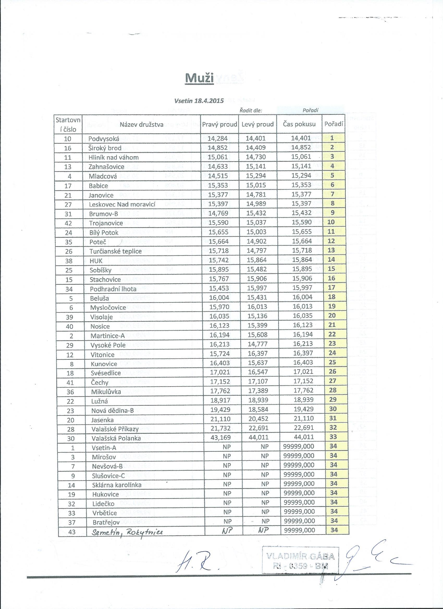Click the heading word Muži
(x=199, y=78)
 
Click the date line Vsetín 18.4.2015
(x=199, y=101)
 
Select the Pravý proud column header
(x=219, y=124)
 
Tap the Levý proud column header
(x=257, y=124)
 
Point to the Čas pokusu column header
(x=299, y=124)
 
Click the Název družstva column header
(x=141, y=124)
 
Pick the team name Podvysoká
(x=104, y=139)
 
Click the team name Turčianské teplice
(x=115, y=251)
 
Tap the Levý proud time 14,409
(x=256, y=148)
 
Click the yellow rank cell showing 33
(x=333, y=437)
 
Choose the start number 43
(x=72, y=532)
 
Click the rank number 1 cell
(x=332, y=138)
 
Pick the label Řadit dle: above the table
(x=250, y=110)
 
